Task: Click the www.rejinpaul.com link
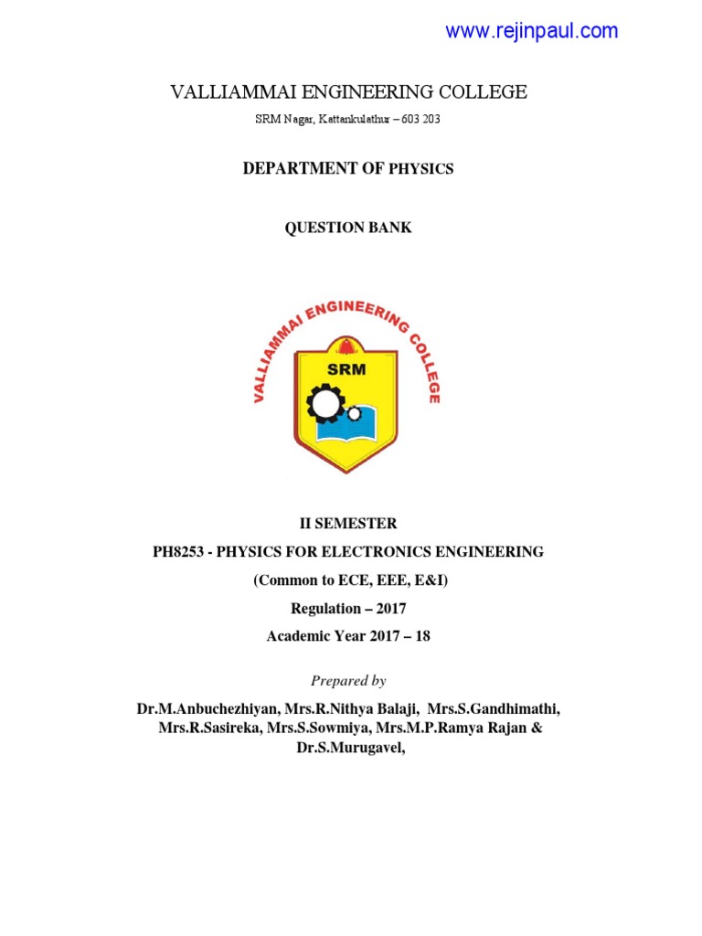(531, 31)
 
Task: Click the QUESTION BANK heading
(348, 228)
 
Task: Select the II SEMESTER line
(348, 524)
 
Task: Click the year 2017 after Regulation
(387, 609)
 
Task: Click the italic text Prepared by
(348, 681)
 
